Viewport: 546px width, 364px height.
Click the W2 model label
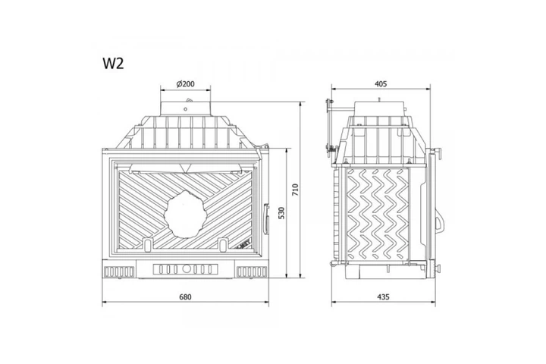click(x=113, y=63)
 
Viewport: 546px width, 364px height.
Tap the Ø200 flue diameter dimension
click(x=186, y=83)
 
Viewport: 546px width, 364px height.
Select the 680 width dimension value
click(x=185, y=297)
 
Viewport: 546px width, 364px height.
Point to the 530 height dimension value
click(x=281, y=213)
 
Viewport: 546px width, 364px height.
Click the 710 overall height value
click(x=296, y=190)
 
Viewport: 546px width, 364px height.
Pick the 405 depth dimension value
click(x=381, y=83)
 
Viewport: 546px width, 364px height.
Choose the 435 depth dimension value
click(x=383, y=297)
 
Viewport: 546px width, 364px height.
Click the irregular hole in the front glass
click(x=185, y=214)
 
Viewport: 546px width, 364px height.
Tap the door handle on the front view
click(x=266, y=219)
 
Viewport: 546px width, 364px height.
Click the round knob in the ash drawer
click(x=187, y=269)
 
